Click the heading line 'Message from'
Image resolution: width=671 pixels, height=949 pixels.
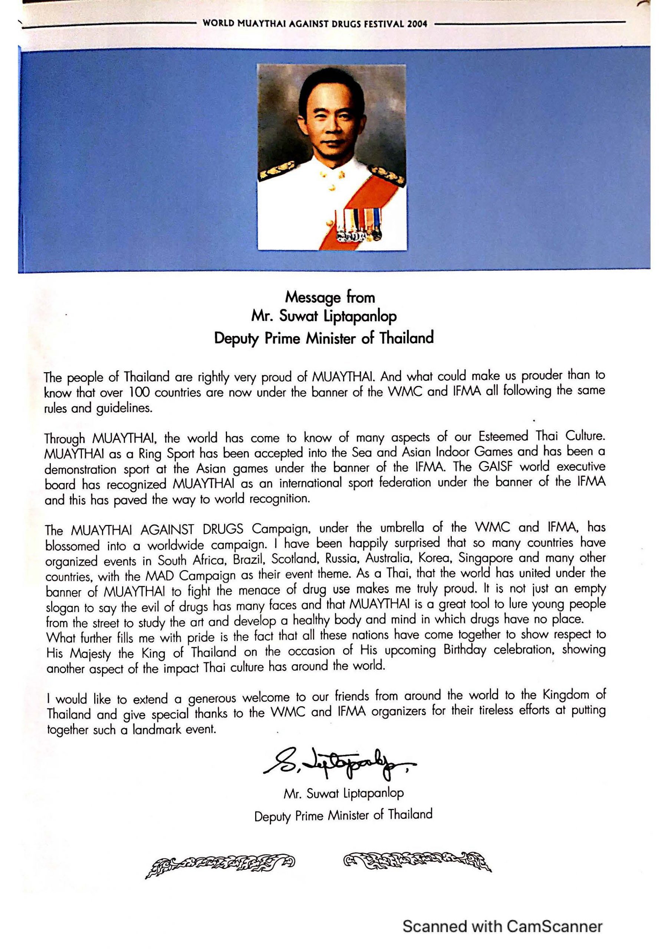tap(330, 297)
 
